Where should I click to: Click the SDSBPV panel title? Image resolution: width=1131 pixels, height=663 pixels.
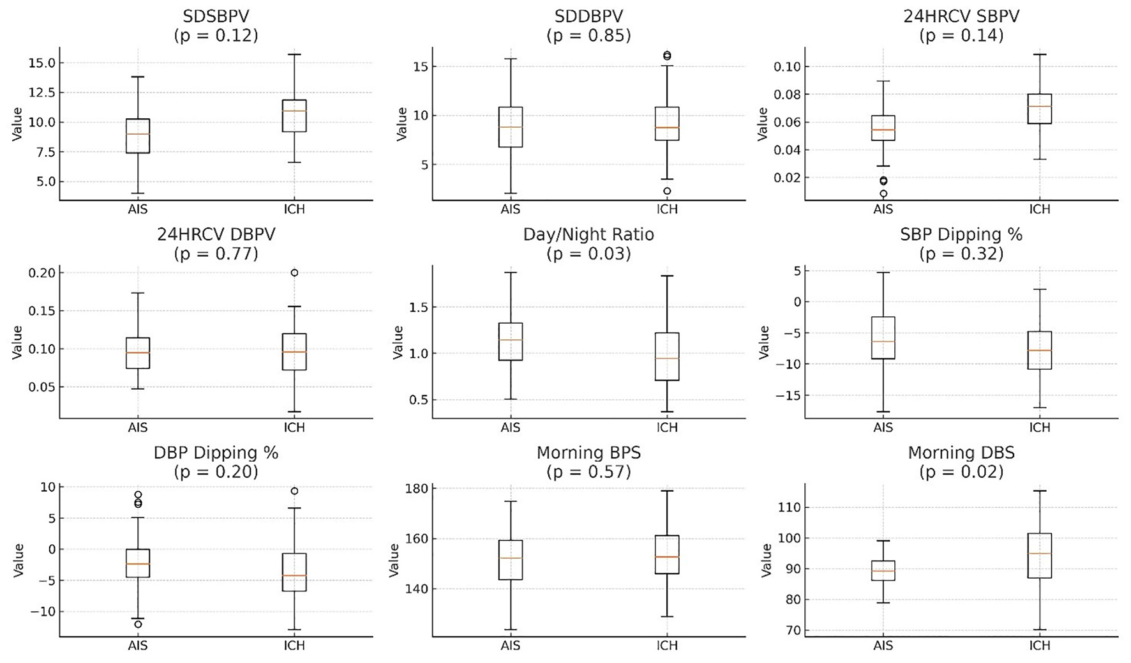pos(216,15)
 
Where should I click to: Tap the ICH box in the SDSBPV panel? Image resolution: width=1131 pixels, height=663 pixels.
pos(294,116)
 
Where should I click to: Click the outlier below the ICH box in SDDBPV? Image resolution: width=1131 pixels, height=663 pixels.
pos(667,191)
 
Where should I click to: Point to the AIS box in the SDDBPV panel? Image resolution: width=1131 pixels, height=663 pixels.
pos(511,127)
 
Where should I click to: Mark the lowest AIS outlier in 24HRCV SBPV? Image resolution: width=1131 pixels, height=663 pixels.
pos(883,194)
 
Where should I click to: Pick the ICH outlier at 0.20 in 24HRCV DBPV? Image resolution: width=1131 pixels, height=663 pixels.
pos(294,273)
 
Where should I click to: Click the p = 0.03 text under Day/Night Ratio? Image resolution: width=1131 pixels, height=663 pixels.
pos(588,254)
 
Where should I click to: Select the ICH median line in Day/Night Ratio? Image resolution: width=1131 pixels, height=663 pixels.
pos(667,358)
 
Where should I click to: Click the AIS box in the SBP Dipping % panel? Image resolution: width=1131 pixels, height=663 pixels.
pos(883,338)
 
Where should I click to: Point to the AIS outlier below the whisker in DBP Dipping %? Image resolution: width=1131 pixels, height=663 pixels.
pos(138,625)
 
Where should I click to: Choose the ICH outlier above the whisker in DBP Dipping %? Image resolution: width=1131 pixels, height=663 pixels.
pos(294,491)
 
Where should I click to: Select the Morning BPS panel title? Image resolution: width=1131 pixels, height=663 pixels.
pos(588,453)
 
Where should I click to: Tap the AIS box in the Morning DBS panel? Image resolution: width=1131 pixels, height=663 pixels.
pos(883,570)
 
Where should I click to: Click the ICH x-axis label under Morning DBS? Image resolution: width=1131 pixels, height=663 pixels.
pos(1039,646)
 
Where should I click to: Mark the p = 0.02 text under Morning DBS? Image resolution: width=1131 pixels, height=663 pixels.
pos(961,472)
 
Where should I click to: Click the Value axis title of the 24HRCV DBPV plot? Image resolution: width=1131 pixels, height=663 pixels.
pos(17,342)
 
